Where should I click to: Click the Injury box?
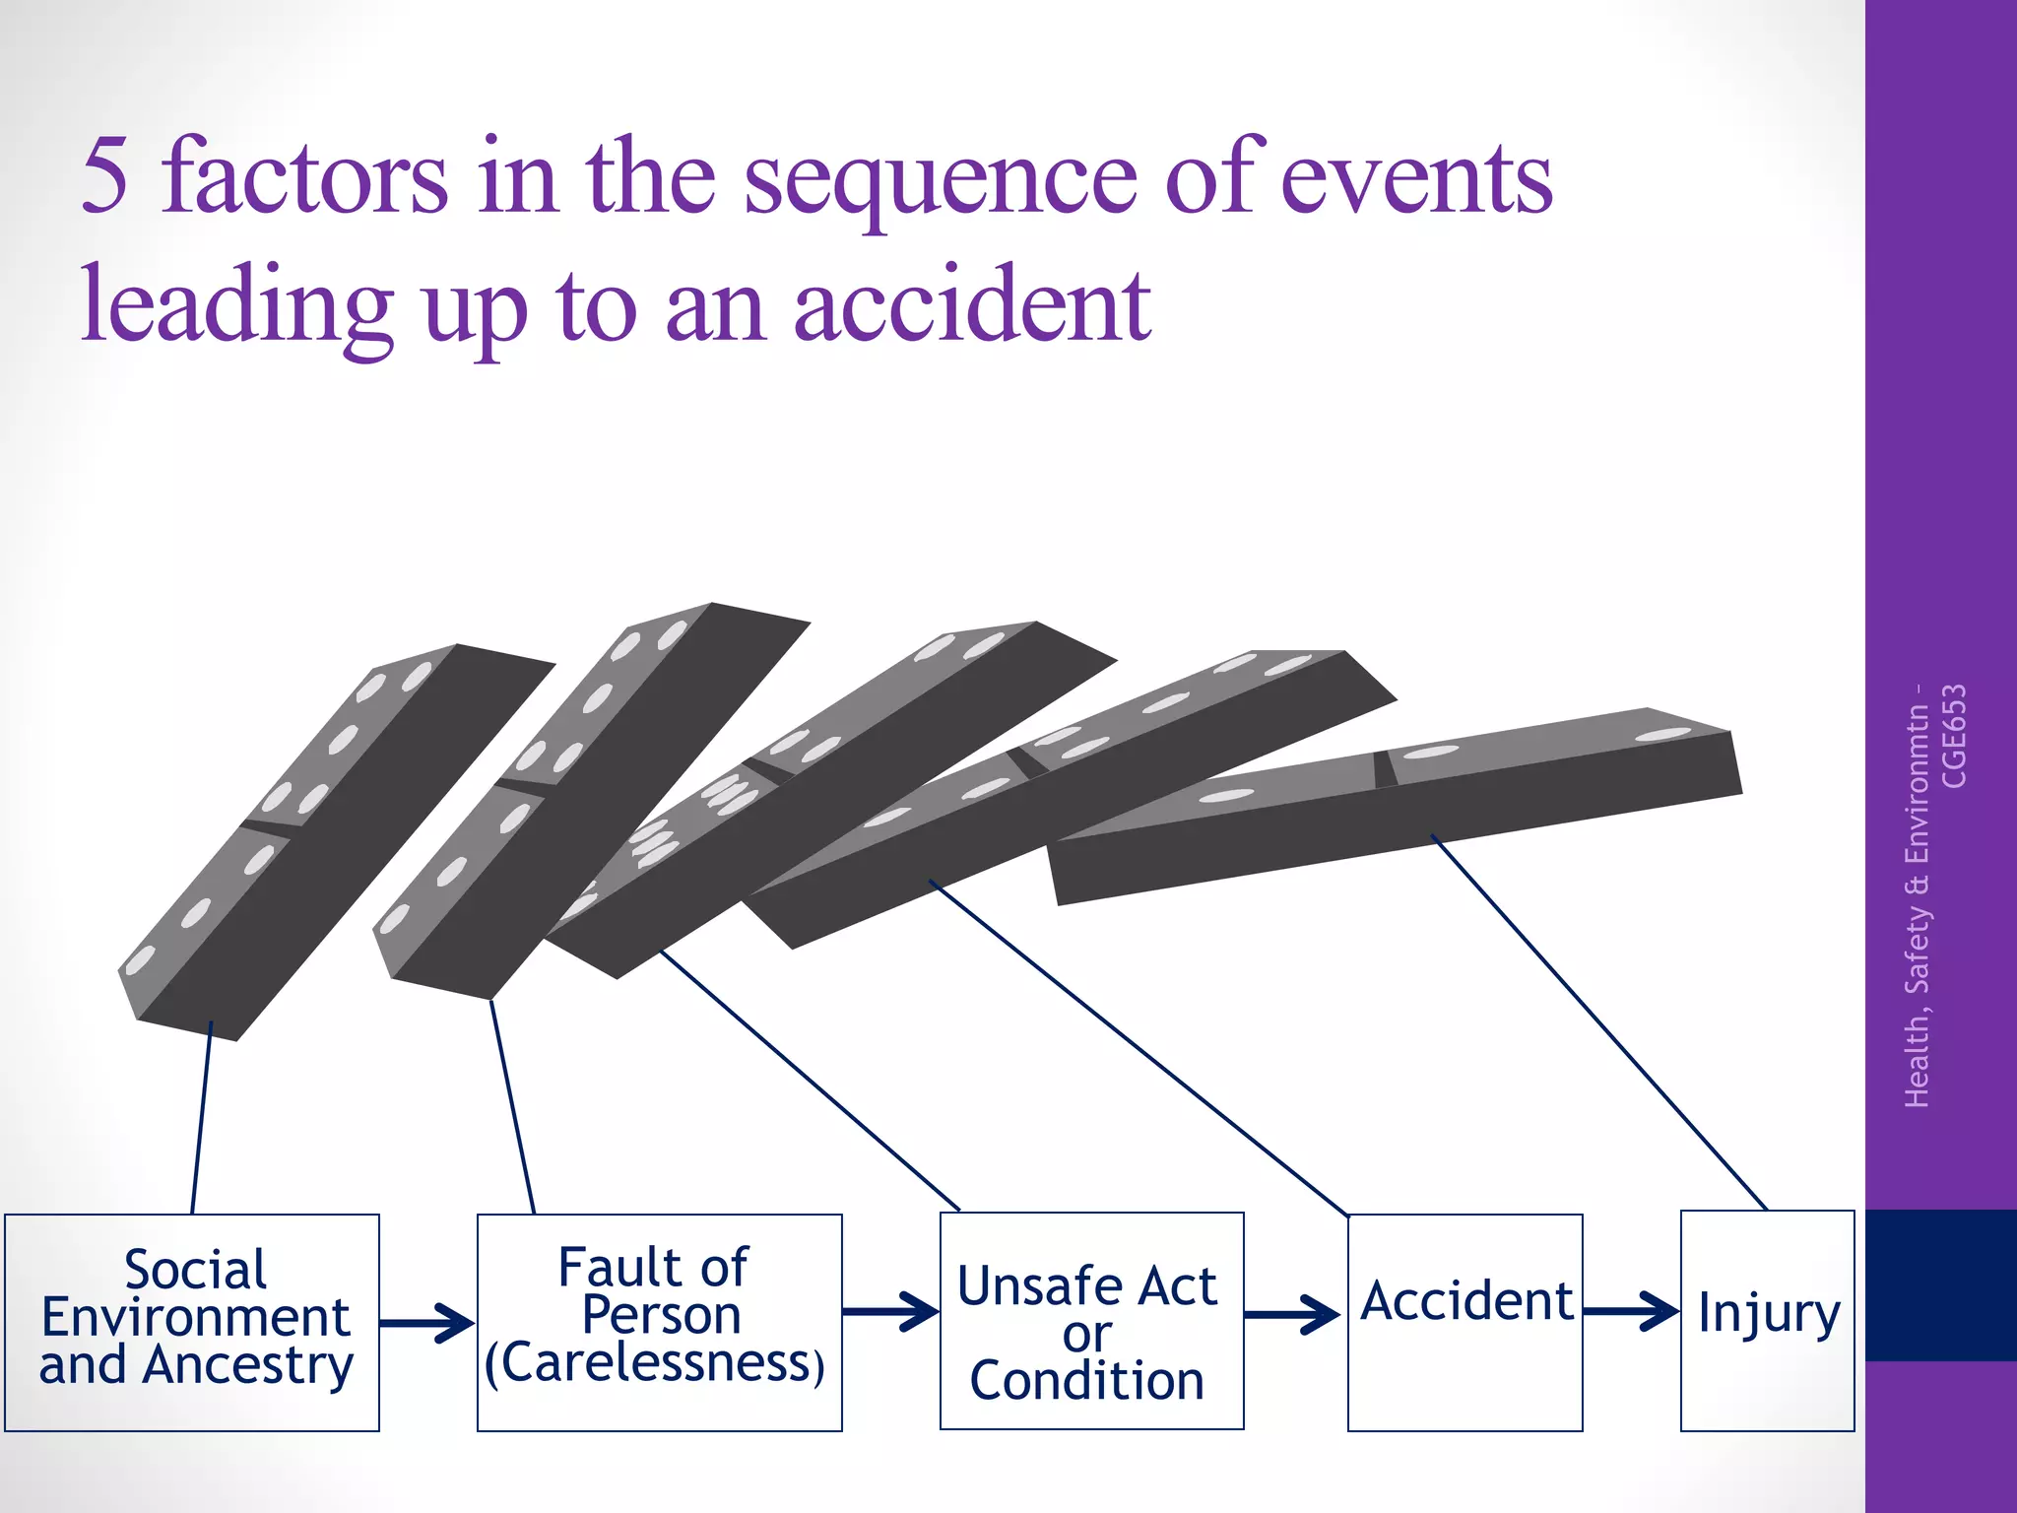[x=1767, y=1320]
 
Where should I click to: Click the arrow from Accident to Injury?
[x=1631, y=1311]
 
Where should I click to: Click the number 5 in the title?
[x=104, y=177]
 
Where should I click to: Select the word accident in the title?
[x=972, y=305]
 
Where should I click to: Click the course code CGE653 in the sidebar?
[x=1953, y=736]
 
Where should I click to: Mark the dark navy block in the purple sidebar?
[x=1940, y=1284]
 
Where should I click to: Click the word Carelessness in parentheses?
[x=654, y=1364]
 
